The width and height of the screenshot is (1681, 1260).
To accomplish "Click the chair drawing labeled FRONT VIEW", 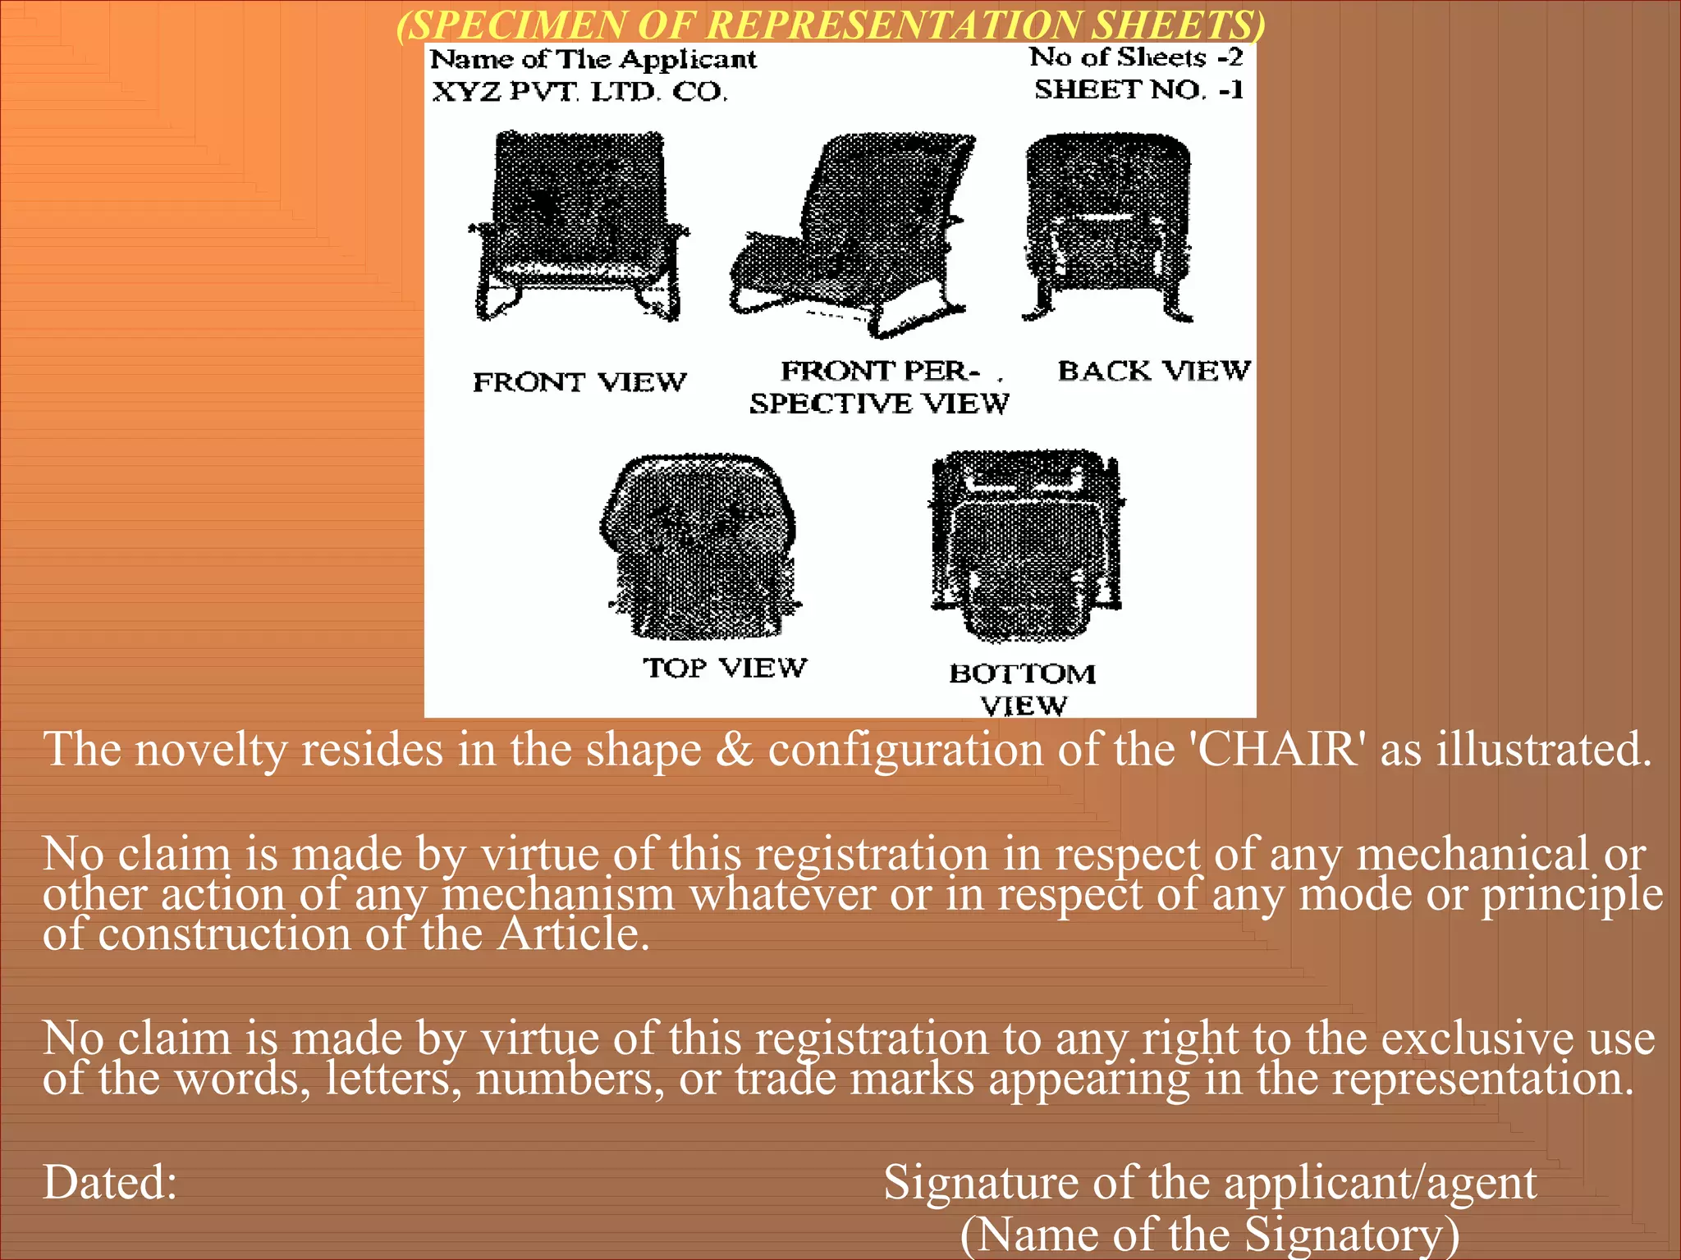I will click(578, 226).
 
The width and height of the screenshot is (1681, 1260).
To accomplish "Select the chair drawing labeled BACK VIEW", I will click(1107, 226).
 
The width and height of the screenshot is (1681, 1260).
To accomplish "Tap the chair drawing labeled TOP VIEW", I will click(699, 546).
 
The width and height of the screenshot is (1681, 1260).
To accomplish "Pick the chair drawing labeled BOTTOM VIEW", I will click(1026, 546).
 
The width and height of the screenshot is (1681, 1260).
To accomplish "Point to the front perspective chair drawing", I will click(854, 234).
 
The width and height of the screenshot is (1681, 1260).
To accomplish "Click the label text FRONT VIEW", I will click(579, 382).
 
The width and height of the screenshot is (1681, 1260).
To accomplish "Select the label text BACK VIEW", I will click(1153, 371).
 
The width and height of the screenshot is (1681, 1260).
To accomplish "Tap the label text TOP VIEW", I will click(725, 668).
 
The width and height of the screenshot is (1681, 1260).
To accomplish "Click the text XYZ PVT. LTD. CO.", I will click(579, 91).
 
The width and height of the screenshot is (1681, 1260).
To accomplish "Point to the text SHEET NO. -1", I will click(1138, 89).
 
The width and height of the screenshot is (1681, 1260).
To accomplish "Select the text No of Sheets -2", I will click(1136, 57).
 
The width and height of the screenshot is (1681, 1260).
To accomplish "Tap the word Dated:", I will click(110, 1183).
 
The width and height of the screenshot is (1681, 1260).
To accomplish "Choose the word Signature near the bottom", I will click(980, 1183).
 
